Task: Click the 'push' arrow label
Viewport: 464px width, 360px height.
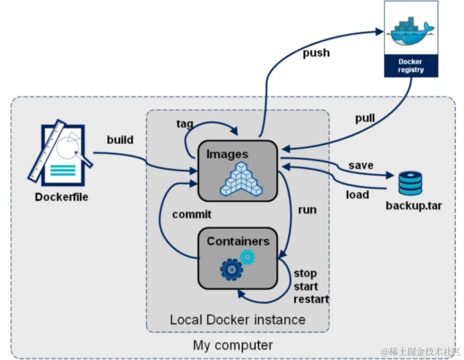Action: click(316, 53)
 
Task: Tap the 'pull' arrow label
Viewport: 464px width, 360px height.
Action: click(365, 118)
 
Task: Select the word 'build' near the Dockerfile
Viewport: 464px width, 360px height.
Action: click(120, 139)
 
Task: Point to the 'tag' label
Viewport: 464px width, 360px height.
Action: click(184, 123)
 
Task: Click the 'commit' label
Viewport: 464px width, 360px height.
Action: click(191, 214)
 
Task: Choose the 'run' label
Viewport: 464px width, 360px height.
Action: click(307, 209)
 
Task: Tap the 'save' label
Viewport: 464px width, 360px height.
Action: click(361, 165)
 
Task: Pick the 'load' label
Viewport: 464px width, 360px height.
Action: click(357, 194)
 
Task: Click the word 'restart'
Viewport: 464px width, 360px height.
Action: click(311, 299)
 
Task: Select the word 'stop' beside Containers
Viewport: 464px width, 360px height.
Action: click(305, 273)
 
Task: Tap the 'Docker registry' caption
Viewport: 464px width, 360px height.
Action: click(410, 66)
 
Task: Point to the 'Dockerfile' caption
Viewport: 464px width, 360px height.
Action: click(61, 197)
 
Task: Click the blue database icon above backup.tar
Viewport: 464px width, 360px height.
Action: click(410, 183)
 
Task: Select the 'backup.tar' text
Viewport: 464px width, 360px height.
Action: click(413, 205)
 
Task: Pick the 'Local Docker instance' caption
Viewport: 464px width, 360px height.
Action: click(237, 319)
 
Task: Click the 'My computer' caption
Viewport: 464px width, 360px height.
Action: click(233, 345)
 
